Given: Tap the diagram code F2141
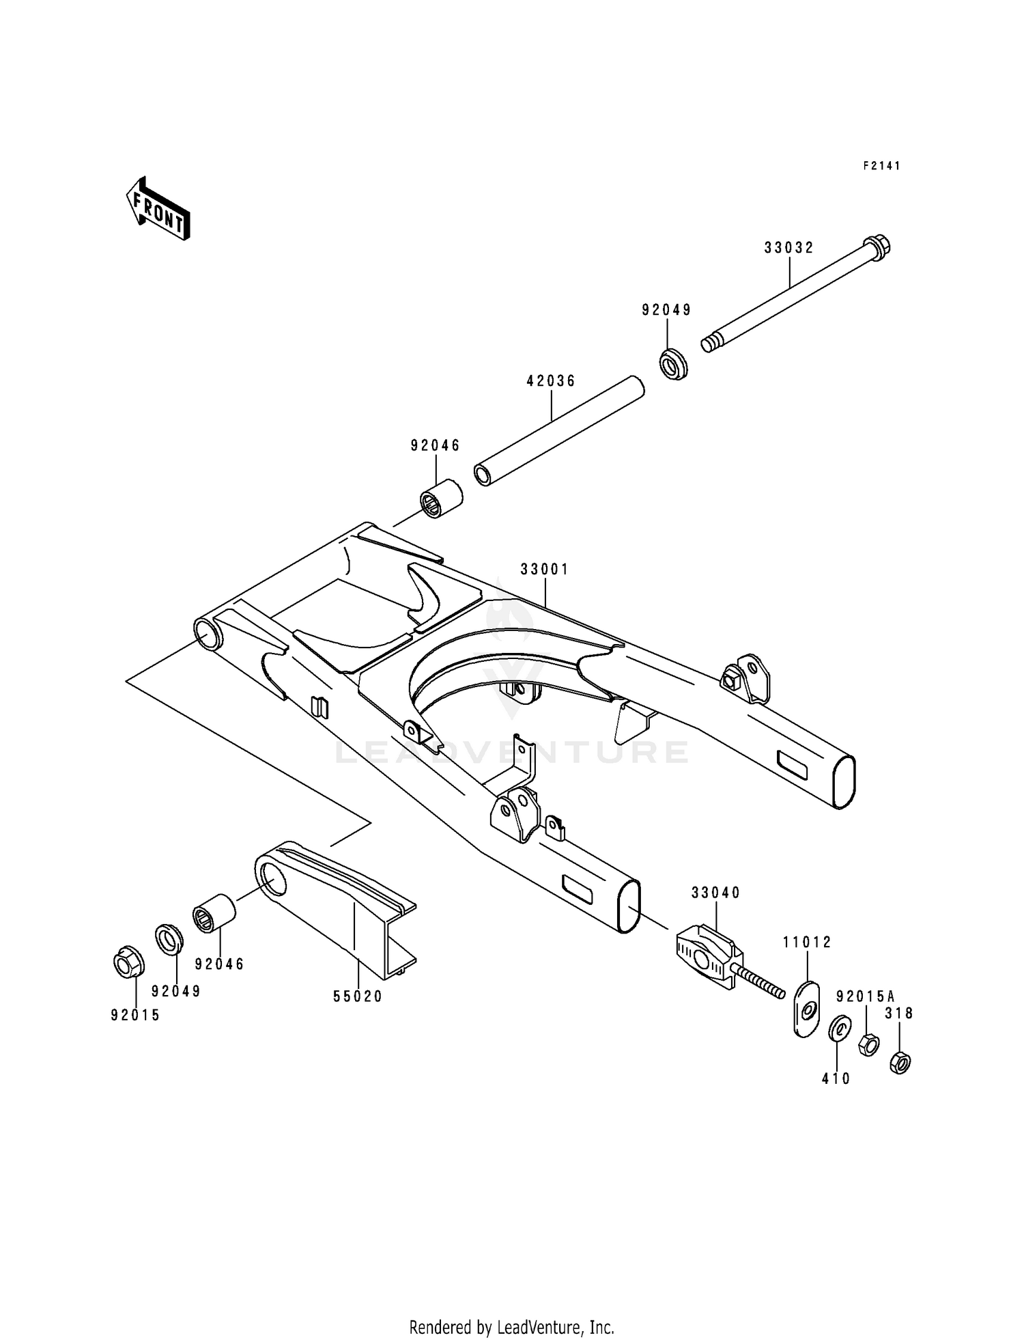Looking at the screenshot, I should [881, 166].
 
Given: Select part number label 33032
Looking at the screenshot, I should [788, 248].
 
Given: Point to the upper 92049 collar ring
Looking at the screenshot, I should [673, 363].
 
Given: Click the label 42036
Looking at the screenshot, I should [551, 381].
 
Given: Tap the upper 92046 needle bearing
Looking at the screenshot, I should [440, 499].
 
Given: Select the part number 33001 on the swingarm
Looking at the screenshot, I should [544, 569].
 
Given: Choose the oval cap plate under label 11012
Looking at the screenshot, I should [806, 1009].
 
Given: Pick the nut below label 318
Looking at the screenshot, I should [900, 1063].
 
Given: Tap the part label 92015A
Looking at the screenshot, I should [865, 996].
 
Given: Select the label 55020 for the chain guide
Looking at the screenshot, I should [358, 996].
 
